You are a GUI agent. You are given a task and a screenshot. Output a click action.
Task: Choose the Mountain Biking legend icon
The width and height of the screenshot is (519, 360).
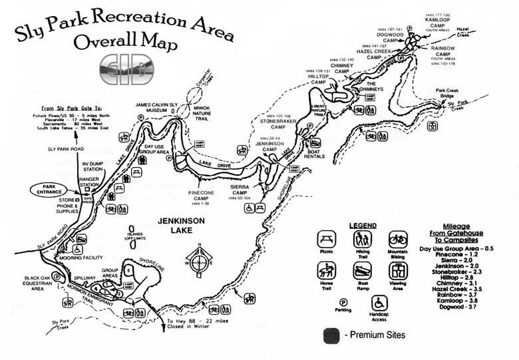[x=397, y=239]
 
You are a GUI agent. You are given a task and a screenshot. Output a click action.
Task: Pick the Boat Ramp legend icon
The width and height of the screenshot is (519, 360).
[x=363, y=270]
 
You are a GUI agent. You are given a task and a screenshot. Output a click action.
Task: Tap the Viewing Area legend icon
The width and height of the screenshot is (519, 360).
[x=397, y=270]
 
